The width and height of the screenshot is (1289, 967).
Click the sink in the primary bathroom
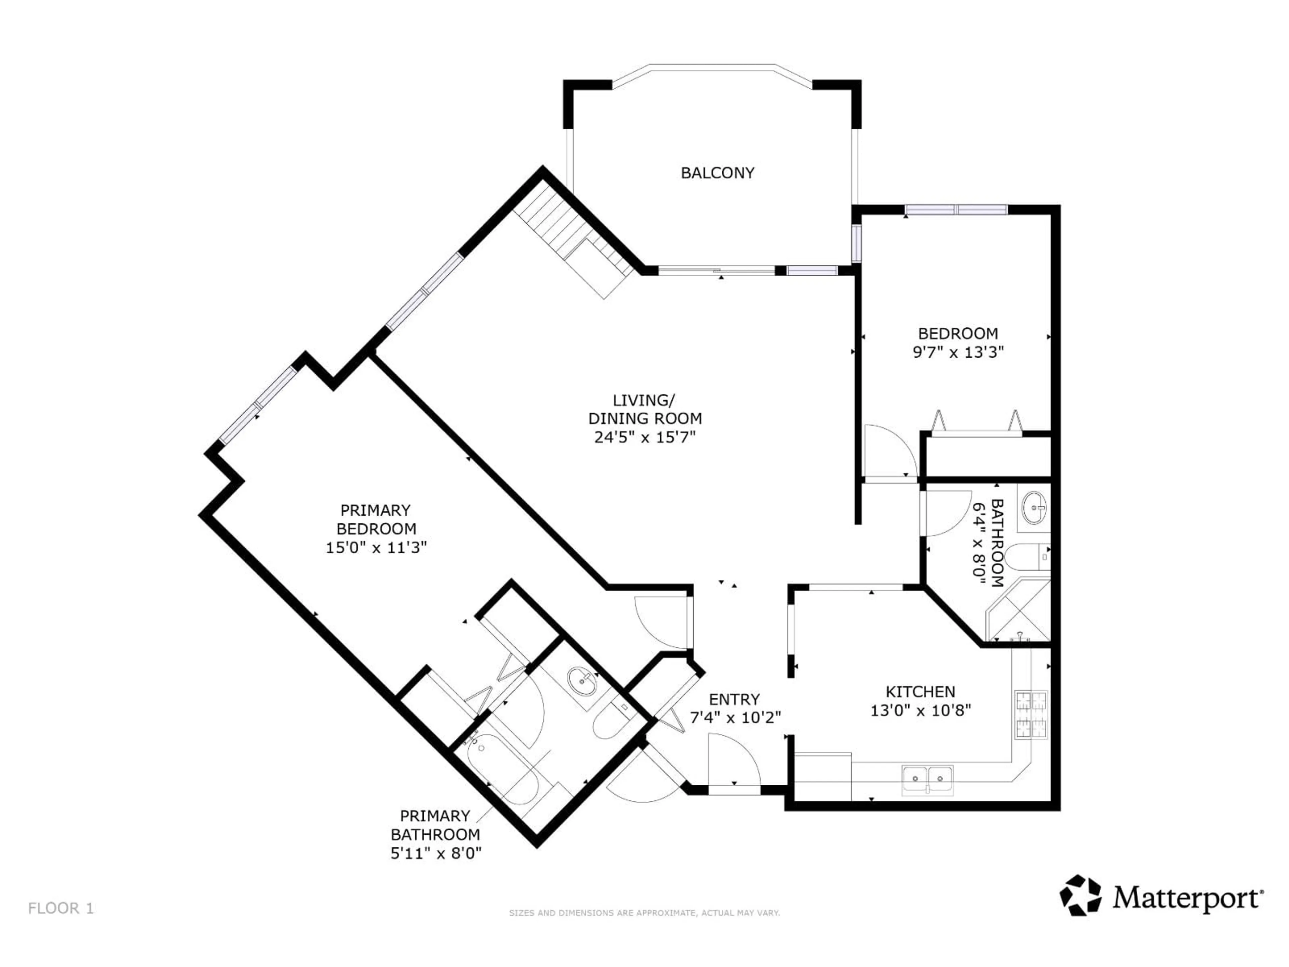click(x=582, y=682)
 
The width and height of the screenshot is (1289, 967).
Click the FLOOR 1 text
click(x=61, y=908)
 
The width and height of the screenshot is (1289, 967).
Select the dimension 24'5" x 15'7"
click(x=645, y=437)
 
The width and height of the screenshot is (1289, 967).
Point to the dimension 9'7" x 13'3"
click(x=958, y=352)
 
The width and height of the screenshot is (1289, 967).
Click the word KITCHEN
click(x=920, y=692)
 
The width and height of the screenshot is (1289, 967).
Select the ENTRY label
click(x=734, y=699)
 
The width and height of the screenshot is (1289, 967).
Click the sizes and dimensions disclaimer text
click(x=644, y=913)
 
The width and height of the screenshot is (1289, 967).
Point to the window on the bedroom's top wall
click(x=956, y=210)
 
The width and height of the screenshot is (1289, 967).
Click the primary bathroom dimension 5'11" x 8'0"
click(x=436, y=853)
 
